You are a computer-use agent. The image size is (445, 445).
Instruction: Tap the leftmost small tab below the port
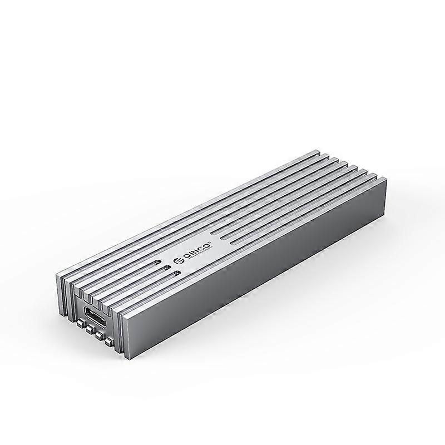point(81,323)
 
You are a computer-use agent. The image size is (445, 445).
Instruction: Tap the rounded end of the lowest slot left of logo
point(177,273)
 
